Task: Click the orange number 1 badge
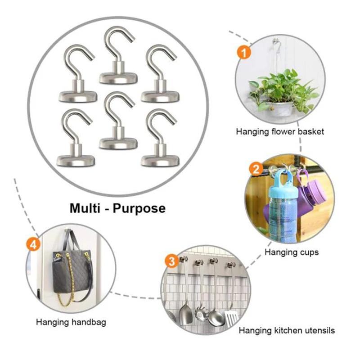243,53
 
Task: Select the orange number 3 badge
171,261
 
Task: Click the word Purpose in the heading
140,209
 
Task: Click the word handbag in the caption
90,322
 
